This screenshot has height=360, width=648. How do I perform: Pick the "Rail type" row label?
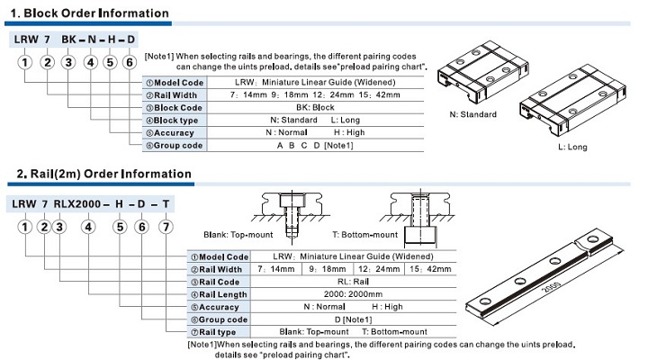tap(217, 332)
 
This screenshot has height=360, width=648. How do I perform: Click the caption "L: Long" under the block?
tap(572, 146)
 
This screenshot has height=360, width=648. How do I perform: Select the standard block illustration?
tap(478, 76)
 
